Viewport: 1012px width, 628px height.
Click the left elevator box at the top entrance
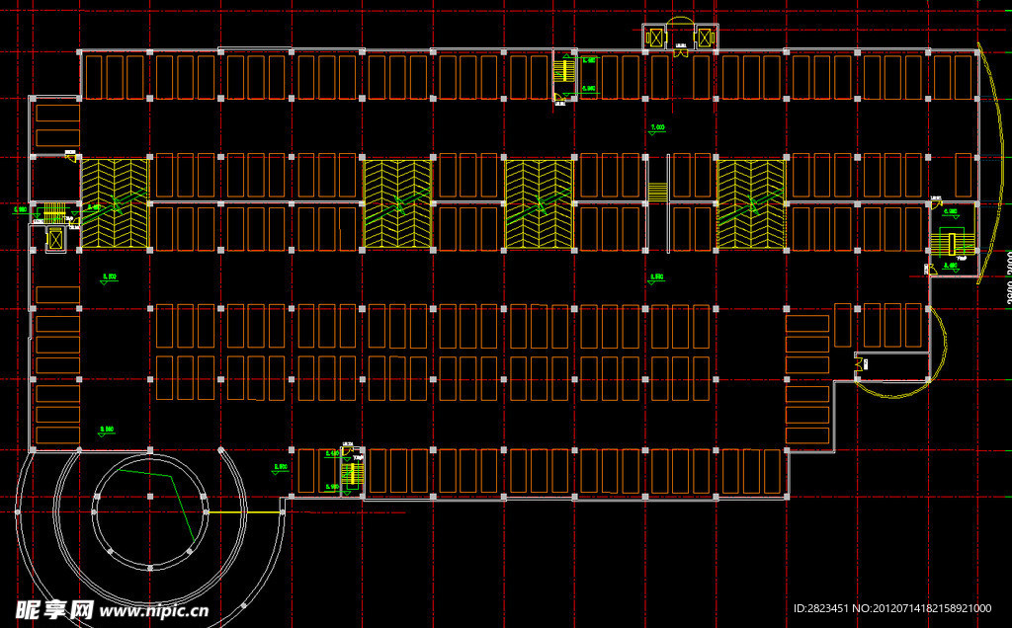[x=654, y=38]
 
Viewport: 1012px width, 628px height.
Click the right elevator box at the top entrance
[x=705, y=38]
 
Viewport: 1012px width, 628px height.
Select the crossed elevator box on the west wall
[x=55, y=238]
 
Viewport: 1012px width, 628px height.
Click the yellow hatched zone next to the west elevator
[x=114, y=202]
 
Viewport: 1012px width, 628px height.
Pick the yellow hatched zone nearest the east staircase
[x=751, y=202]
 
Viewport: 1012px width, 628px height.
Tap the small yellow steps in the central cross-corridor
[x=657, y=189]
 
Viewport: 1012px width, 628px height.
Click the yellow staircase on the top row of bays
[x=564, y=71]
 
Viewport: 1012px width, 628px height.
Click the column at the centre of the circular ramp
[x=150, y=495]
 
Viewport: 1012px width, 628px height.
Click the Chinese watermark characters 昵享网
[x=53, y=610]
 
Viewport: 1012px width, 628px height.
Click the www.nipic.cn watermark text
[x=154, y=611]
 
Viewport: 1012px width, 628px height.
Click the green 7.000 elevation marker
[x=657, y=128]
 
